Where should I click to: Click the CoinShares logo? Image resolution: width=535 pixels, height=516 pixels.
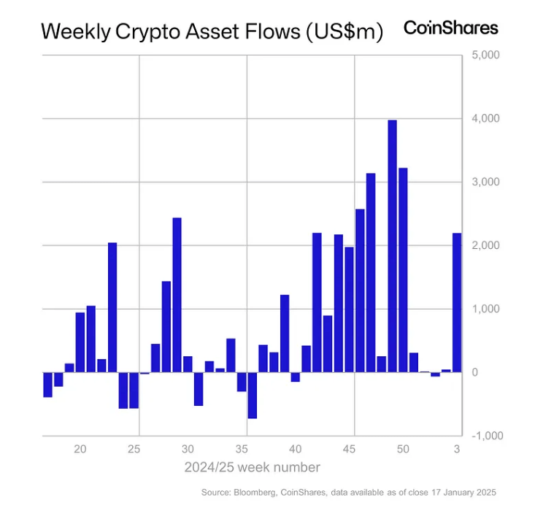(x=450, y=28)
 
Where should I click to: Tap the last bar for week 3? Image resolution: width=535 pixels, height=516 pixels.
(x=457, y=302)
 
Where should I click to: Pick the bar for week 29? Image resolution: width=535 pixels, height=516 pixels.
(x=177, y=295)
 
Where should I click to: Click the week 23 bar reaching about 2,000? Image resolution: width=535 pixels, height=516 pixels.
(x=112, y=307)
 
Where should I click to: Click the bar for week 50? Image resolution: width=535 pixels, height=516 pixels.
(x=403, y=270)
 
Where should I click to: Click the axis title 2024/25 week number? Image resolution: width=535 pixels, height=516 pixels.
(x=252, y=466)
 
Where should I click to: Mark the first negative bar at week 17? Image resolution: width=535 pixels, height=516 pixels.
(x=47, y=385)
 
